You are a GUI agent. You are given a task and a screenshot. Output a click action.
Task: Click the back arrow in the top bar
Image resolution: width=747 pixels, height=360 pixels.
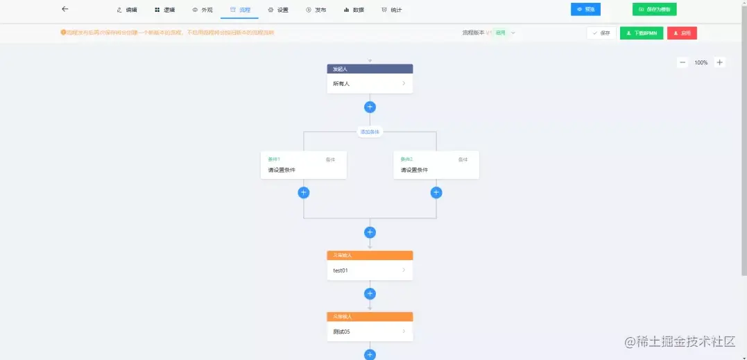coord(65,9)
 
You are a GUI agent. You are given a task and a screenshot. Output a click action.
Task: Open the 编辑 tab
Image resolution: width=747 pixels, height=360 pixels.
coord(127,10)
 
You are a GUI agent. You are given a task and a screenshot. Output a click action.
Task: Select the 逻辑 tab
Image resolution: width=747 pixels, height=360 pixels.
coord(165,10)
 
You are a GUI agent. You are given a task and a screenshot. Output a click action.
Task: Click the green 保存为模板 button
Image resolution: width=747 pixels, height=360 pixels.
coord(654,10)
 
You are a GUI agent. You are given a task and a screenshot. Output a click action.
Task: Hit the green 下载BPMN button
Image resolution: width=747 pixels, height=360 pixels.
coord(642,33)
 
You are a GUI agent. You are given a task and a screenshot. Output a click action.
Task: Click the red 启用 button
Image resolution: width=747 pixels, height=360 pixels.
coord(682,33)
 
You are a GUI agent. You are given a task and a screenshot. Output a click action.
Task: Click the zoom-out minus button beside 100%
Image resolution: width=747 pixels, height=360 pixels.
coord(682,62)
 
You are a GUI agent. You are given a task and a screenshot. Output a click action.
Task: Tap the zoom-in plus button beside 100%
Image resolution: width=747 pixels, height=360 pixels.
coord(719,62)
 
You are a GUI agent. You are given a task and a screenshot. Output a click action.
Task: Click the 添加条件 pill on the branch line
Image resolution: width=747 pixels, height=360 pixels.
coord(370,132)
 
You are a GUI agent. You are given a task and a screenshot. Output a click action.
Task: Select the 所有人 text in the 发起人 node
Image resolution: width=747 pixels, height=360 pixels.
coord(341,84)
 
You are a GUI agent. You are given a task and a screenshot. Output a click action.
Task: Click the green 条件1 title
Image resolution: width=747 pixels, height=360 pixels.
coord(274,160)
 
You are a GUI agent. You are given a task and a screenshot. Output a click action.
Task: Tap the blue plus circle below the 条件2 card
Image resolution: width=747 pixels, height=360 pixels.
coord(436,193)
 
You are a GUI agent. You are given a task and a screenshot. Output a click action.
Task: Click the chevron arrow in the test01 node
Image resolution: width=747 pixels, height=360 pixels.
coord(404,270)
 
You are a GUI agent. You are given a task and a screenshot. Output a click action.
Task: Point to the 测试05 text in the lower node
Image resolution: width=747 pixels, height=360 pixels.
coord(341,332)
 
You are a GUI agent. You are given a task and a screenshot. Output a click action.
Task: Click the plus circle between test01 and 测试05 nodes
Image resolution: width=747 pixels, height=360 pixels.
coord(370,293)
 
